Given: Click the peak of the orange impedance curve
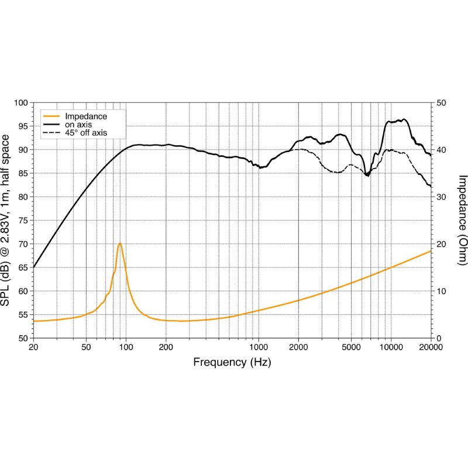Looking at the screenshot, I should [x=119, y=243].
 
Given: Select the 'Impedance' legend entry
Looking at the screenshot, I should [x=85, y=116].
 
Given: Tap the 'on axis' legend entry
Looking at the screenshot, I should [x=78, y=125].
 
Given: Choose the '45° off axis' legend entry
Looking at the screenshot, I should [x=86, y=133].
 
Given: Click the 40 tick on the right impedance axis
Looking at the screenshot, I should [x=442, y=150].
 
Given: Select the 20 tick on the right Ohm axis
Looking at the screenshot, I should [x=442, y=244].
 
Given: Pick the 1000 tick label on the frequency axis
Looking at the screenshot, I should [x=259, y=347].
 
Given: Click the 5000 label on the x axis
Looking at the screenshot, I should [x=351, y=347].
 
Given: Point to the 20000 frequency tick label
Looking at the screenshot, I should [x=431, y=347].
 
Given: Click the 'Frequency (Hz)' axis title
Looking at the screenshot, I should [x=232, y=363].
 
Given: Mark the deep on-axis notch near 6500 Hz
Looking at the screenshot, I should [x=367, y=175].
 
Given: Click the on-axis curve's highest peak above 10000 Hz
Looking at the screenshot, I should [x=402, y=119].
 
